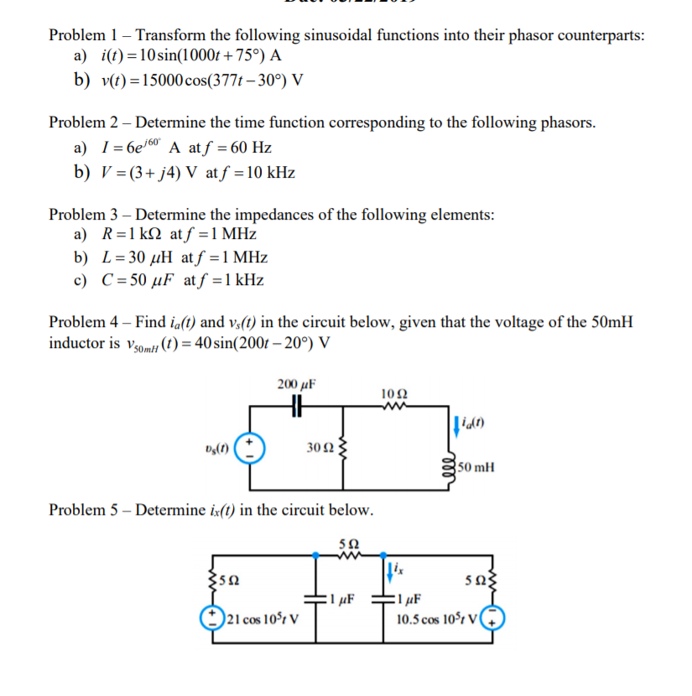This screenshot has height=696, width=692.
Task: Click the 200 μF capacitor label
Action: point(294,385)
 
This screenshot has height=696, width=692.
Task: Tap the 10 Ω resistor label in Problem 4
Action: point(393,394)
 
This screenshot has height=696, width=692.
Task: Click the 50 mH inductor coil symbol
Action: point(452,467)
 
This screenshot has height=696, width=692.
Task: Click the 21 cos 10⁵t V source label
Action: point(264,621)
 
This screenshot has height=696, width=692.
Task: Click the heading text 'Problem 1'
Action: point(82,35)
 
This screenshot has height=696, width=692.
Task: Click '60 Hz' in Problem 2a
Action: point(249,148)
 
